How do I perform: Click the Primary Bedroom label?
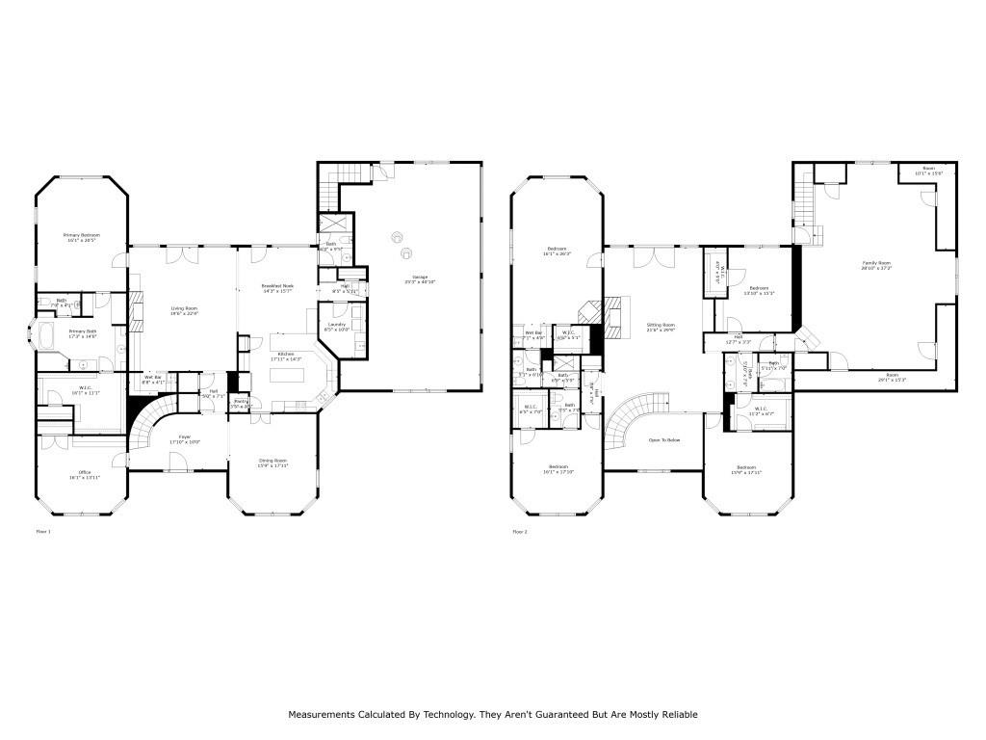tap(82, 235)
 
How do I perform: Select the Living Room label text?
tap(184, 308)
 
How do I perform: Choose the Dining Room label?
tap(272, 461)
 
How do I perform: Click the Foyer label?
tap(184, 437)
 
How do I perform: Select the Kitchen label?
tap(287, 354)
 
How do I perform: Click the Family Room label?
tap(875, 263)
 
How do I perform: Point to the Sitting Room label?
tap(661, 326)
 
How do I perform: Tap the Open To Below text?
tap(663, 439)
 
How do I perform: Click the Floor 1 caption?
tap(43, 531)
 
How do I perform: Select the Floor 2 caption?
tap(520, 531)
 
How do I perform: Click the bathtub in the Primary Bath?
tap(45, 336)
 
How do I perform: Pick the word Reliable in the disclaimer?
tap(678, 715)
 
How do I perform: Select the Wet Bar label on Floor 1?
tap(152, 377)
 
